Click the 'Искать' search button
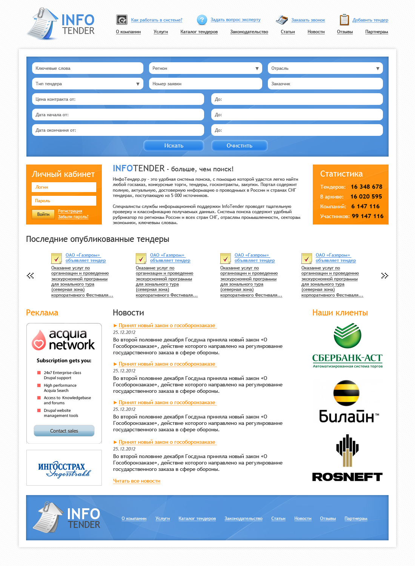pyautogui.click(x=174, y=146)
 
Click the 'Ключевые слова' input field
pyautogui.click(x=88, y=68)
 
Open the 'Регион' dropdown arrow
pyautogui.click(x=257, y=69)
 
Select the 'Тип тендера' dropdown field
pyautogui.click(x=88, y=84)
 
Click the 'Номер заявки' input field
pyautogui.click(x=205, y=84)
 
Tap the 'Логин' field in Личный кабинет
pyautogui.click(x=64, y=187)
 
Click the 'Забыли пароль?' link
pyautogui.click(x=73, y=217)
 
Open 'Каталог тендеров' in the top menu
pyautogui.click(x=199, y=32)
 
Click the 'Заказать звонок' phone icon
pyautogui.click(x=282, y=20)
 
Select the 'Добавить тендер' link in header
pyautogui.click(x=370, y=20)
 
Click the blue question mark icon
pyautogui.click(x=202, y=20)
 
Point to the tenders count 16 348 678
pyautogui.click(x=366, y=187)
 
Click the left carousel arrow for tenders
pyautogui.click(x=31, y=276)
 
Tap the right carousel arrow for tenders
pyautogui.click(x=384, y=276)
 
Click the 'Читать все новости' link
pyautogui.click(x=137, y=481)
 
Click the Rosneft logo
pyautogui.click(x=347, y=458)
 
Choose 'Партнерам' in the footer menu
pyautogui.click(x=356, y=518)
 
